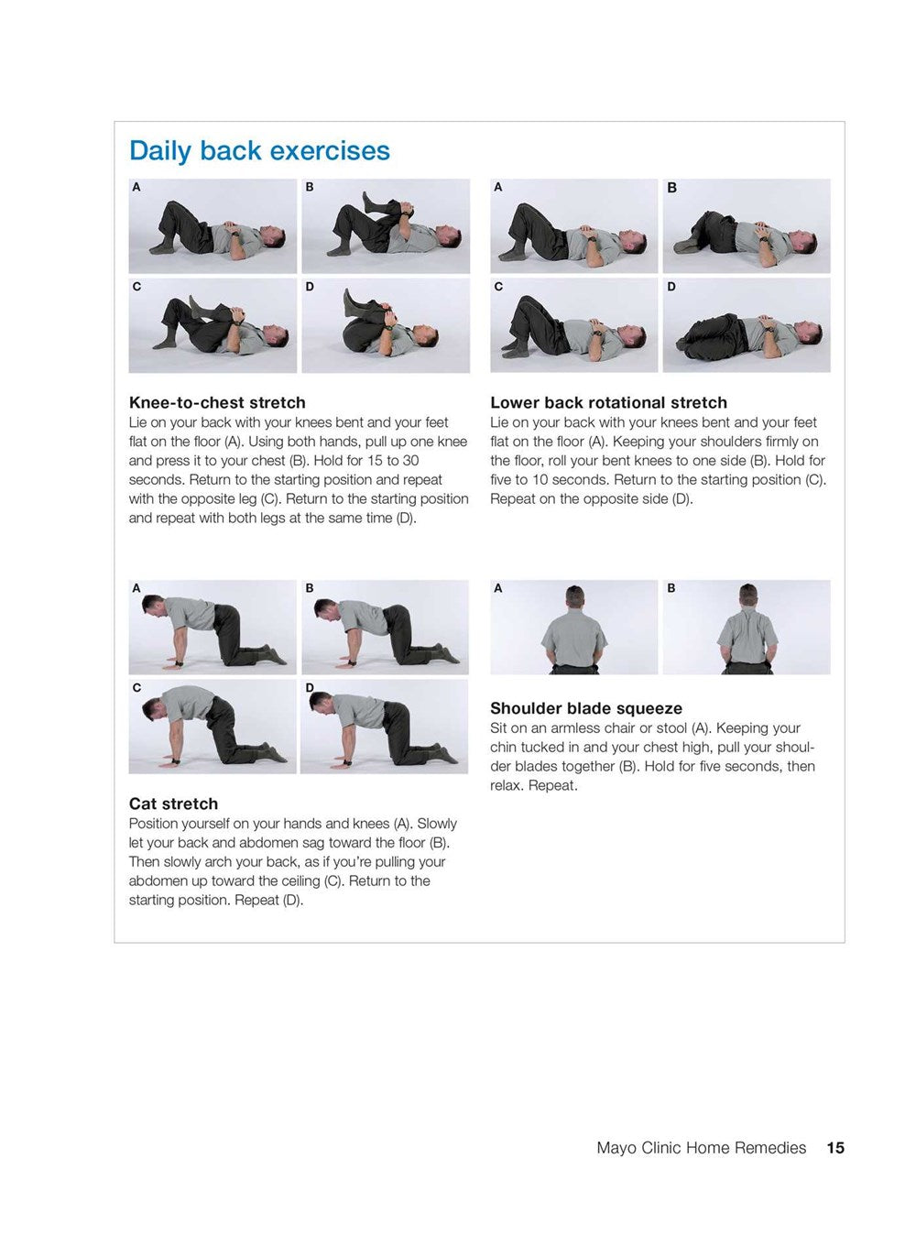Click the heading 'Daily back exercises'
(260, 151)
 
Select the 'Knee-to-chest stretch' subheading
(217, 402)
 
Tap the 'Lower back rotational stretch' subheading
(608, 402)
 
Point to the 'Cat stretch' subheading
(173, 803)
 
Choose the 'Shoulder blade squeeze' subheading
(586, 708)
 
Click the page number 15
(835, 1148)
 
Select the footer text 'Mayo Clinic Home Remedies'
(701, 1148)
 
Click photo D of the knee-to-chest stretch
(386, 325)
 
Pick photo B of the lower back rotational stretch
(747, 225)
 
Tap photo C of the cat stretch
(213, 727)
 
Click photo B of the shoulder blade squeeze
(747, 628)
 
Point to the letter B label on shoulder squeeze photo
(671, 588)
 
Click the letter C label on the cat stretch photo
(136, 687)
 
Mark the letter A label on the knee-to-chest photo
(136, 188)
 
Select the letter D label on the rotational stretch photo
(671, 287)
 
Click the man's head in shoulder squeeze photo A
(574, 596)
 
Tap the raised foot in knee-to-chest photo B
(368, 202)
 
